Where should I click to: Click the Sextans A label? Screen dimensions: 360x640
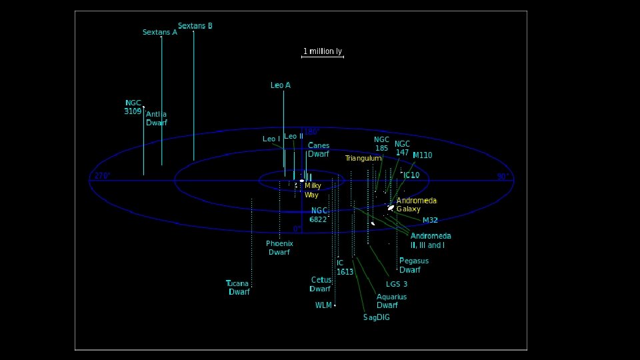[160, 32]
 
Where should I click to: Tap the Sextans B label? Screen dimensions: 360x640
[195, 26]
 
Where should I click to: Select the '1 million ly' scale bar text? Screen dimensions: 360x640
[323, 51]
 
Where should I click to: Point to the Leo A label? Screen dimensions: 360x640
[281, 85]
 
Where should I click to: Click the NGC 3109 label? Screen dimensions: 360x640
[133, 107]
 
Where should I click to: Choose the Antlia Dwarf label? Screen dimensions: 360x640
[157, 119]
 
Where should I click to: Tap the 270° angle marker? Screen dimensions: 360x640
[101, 176]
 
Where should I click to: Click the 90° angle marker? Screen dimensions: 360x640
[503, 177]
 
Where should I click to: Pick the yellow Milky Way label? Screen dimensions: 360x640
[313, 191]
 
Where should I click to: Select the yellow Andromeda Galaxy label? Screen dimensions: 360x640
[417, 205]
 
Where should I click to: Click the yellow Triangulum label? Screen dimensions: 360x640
[363, 159]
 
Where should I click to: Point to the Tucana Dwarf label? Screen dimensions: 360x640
[238, 288]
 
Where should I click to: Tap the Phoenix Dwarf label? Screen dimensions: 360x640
[279, 248]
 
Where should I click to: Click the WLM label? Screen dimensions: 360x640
[323, 305]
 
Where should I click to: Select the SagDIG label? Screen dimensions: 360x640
[377, 317]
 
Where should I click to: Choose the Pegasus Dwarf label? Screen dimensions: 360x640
[413, 265]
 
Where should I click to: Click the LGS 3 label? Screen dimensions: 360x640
[397, 284]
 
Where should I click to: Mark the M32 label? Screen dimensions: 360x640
[430, 220]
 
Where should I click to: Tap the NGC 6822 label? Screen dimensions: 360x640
[319, 215]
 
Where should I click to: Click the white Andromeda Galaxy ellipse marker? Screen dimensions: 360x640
[391, 207]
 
